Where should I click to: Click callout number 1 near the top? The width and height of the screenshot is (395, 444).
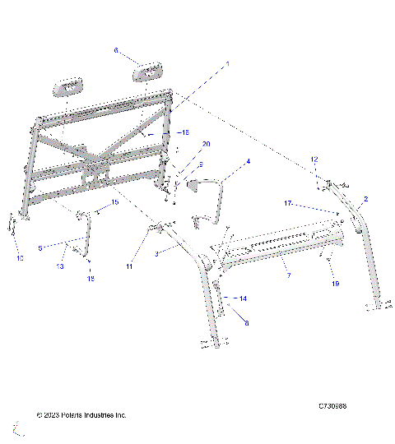coord(228,63)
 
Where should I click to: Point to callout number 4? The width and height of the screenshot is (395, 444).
coord(248,163)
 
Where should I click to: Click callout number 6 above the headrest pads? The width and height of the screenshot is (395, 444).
coord(116,50)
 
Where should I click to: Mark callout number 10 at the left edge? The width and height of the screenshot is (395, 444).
coord(20,258)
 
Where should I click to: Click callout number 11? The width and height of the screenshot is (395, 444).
coord(129,266)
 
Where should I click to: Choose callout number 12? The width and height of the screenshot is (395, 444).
coord(314,158)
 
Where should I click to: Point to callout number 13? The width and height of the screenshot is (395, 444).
coord(60,266)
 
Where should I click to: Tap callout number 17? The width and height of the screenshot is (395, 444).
coord(312,202)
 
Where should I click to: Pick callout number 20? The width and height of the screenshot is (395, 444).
coord(206,144)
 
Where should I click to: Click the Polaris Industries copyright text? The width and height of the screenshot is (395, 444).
coord(81,415)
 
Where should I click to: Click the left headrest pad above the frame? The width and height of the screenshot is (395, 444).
coord(68,85)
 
